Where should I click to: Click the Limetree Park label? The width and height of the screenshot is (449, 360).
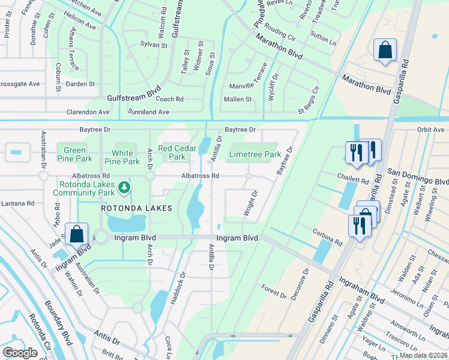pyautogui.click(x=255, y=154)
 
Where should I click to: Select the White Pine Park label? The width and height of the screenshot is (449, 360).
pyautogui.click(x=122, y=157)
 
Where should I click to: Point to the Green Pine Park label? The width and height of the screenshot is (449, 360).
pyautogui.click(x=74, y=154)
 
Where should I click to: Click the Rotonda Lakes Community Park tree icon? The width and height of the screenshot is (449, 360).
pyautogui.click(x=124, y=188)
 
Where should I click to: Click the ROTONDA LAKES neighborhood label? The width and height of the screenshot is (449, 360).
pyautogui.click(x=136, y=208)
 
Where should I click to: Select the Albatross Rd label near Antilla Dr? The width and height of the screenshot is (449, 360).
pyautogui.click(x=200, y=176)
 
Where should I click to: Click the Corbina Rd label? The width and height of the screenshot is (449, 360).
pyautogui.click(x=327, y=236)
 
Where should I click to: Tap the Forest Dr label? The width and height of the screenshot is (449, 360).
pyautogui.click(x=274, y=292)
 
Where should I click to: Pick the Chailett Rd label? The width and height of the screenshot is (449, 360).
pyautogui.click(x=352, y=179)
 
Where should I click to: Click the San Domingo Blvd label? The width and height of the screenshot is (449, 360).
pyautogui.click(x=418, y=181)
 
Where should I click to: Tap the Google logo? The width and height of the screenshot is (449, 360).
pyautogui.click(x=20, y=353)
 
